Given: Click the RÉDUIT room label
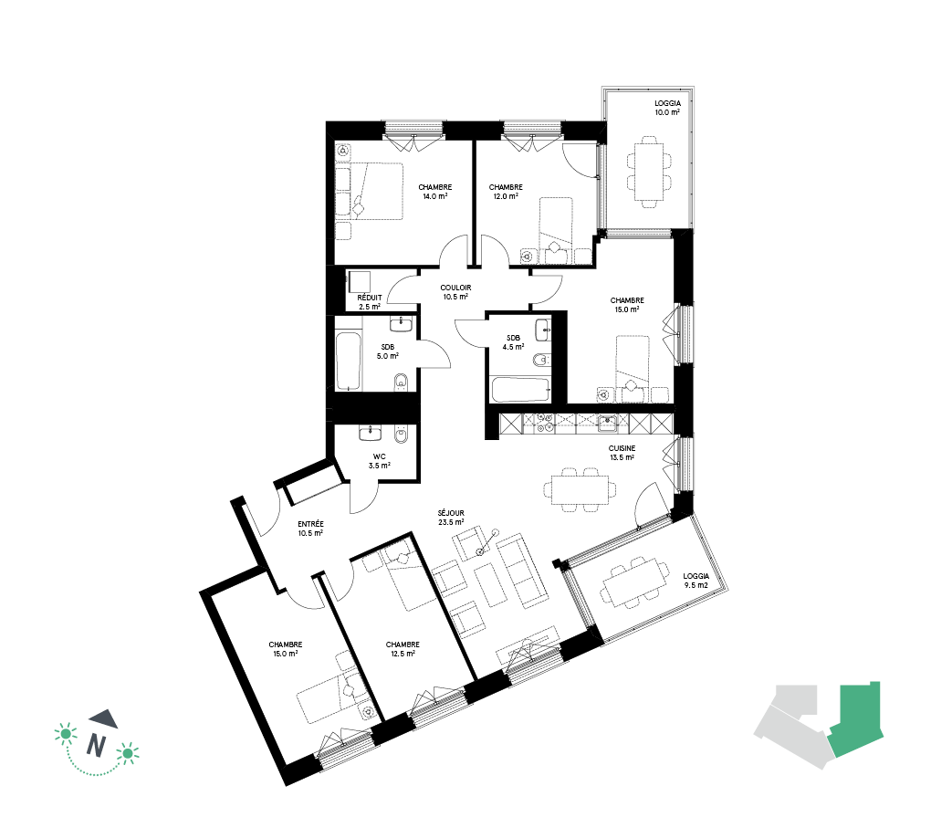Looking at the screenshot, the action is coord(370,298).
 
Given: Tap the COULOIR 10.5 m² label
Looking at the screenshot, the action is coord(455,292).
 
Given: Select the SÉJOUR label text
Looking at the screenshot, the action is coord(451,513).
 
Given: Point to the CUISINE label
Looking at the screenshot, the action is coord(622,448).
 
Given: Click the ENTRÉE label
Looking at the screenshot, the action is coord(310,525).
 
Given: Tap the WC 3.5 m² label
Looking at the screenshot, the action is coord(379,461).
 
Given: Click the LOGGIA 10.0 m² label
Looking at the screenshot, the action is coord(667,108).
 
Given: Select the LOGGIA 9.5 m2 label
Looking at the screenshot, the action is coord(696,581).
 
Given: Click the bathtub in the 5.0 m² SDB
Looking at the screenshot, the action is coord(348,362).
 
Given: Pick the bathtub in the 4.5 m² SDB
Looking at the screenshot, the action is coord(520,390).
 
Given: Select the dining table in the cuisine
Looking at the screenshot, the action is coord(580,489).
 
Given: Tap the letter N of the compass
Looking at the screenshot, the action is coord(96,745).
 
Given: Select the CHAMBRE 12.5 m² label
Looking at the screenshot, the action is coord(403,649).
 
